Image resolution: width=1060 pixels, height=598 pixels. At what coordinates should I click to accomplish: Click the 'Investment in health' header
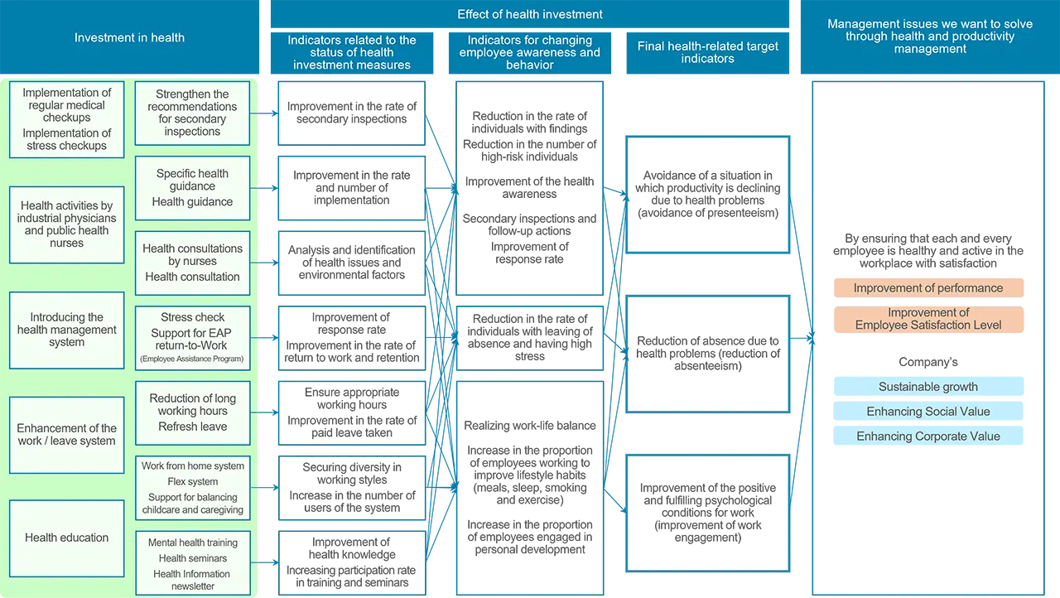129,37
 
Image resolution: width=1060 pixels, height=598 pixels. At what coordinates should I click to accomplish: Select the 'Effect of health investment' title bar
530,14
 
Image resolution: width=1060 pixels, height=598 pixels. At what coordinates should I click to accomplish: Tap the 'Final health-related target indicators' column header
707,52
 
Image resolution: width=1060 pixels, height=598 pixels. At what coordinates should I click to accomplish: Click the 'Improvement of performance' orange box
927,288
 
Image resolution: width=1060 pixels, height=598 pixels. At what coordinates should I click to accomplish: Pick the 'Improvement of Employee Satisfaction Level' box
927,319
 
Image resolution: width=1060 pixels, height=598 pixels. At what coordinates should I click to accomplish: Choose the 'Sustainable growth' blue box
927,387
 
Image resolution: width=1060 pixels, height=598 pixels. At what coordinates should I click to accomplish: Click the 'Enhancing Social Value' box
927,412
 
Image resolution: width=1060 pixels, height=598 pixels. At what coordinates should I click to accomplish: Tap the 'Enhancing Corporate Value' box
927,436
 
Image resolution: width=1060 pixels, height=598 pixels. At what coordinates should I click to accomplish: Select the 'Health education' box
67,538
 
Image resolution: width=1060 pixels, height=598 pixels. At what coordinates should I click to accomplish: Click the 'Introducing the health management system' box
67,330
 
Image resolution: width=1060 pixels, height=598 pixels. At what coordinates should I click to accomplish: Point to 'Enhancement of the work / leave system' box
67,435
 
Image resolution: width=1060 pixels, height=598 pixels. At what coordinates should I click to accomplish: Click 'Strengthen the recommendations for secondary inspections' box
192,113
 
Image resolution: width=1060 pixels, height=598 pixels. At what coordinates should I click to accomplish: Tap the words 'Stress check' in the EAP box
193,317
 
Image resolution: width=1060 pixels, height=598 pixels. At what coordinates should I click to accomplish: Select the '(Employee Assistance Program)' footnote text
192,359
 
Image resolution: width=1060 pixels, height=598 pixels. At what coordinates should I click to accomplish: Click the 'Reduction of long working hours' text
192,404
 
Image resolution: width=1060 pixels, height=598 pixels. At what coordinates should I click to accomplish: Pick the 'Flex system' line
192,481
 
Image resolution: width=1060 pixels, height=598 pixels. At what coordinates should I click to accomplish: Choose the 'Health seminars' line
192,558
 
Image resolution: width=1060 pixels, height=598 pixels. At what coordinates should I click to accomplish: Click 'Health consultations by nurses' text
192,254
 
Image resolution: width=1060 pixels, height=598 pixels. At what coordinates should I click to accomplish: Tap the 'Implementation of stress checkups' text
67,139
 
